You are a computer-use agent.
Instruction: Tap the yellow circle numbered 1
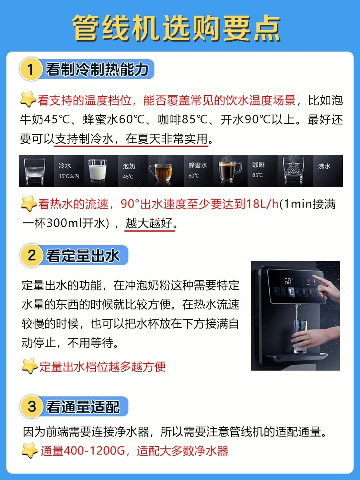click(31, 69)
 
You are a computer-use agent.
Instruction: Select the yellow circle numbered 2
click(31, 255)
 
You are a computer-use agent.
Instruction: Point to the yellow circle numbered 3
click(31, 406)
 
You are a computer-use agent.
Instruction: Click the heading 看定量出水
click(83, 256)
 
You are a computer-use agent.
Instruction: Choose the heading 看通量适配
click(83, 407)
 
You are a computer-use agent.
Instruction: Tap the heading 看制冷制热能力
click(97, 69)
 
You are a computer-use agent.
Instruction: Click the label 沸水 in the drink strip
click(324, 166)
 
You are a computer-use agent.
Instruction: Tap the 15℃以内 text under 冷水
click(69, 176)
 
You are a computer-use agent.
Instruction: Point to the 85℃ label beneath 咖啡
click(258, 175)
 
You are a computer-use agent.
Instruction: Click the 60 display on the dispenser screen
click(288, 281)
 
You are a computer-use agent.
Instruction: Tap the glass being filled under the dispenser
click(299, 337)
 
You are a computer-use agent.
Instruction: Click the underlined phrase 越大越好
click(149, 223)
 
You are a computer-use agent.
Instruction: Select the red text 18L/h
click(262, 204)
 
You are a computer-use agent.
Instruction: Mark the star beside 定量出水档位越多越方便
click(30, 366)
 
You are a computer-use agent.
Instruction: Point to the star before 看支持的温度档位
click(28, 99)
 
